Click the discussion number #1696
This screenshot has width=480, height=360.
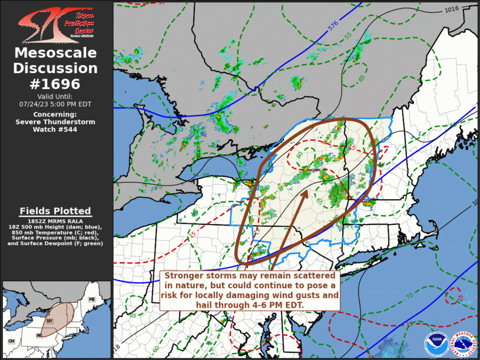click(55, 83)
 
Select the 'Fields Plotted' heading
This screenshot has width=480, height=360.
click(55, 211)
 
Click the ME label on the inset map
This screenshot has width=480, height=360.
click(91, 300)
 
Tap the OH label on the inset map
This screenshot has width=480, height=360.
click(11, 341)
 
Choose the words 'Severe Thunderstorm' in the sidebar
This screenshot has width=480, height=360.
click(55, 121)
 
